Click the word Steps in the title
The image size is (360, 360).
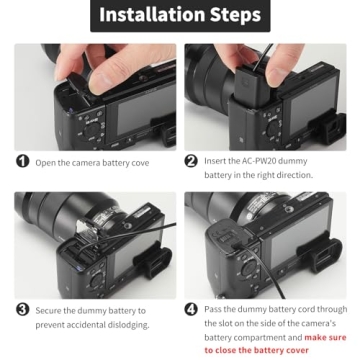[x=231, y=15]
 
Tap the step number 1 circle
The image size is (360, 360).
[x=22, y=161]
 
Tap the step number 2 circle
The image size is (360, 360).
[x=191, y=161]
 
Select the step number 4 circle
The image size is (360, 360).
[x=191, y=310]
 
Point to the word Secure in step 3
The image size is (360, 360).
[x=52, y=311]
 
